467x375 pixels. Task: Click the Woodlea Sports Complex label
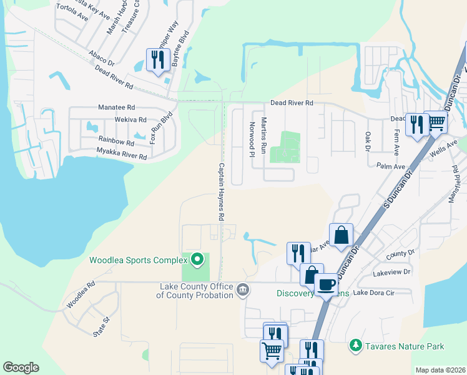coord(138,260)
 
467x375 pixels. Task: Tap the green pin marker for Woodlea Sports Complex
coord(198,259)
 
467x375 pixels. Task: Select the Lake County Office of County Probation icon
coord(243,290)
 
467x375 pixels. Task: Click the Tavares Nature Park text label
coord(405,346)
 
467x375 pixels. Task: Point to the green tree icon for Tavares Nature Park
coord(356,346)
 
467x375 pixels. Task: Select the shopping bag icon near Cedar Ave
coord(342,235)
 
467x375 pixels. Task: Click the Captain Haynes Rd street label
coord(221,192)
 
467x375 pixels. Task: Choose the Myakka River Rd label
coord(112,154)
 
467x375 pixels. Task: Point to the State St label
coord(101,327)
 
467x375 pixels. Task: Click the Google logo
coord(21,367)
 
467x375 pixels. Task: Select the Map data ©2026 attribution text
coord(440,370)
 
